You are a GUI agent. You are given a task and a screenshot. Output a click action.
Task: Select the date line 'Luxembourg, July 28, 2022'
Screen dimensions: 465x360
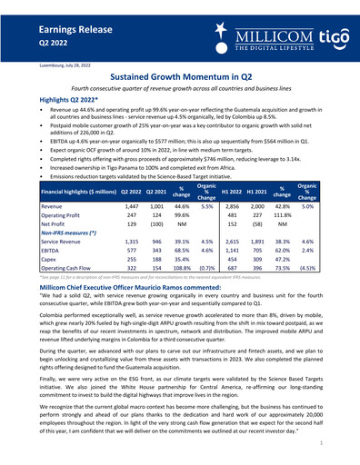[39, 66]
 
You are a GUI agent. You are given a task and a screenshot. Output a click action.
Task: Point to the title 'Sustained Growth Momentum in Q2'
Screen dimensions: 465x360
[179, 79]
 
